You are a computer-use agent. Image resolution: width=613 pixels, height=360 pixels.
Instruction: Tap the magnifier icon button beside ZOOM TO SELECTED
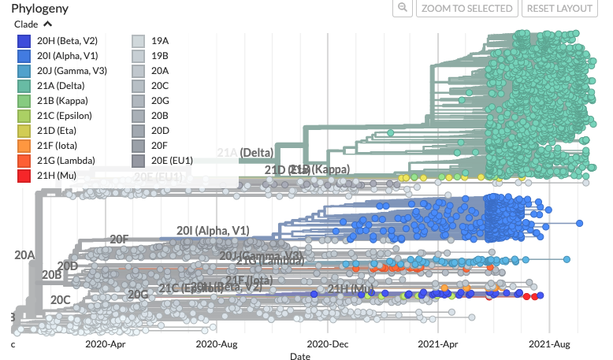402,9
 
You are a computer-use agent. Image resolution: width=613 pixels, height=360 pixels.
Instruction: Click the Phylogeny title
39,9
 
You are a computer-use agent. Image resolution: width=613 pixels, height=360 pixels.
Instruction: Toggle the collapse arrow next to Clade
47,24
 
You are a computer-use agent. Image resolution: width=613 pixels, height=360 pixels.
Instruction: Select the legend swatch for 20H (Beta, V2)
24,41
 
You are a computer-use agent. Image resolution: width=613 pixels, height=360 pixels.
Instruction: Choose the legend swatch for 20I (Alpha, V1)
24,56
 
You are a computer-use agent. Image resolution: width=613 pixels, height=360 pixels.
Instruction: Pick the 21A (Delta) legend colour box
24,86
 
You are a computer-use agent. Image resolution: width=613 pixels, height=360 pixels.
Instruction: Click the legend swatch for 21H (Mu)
24,176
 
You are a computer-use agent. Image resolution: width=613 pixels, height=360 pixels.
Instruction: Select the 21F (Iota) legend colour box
24,146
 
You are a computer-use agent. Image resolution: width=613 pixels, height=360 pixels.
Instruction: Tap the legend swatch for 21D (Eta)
24,131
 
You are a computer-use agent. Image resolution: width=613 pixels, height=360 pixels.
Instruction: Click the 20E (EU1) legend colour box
138,161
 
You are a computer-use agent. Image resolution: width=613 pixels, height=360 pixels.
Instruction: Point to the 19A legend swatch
138,41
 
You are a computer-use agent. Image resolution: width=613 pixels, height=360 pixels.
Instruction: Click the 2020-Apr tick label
105,344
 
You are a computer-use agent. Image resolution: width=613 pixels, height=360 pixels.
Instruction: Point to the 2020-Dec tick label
328,344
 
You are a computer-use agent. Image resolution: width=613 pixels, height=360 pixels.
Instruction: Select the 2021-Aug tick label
548,344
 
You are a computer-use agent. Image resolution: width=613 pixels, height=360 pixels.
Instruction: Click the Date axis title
299,356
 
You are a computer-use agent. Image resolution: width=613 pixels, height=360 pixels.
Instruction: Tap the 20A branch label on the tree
24,254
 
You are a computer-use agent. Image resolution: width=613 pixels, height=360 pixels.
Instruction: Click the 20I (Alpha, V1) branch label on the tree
212,230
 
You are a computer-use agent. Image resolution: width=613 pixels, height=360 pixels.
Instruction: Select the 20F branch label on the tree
119,239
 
